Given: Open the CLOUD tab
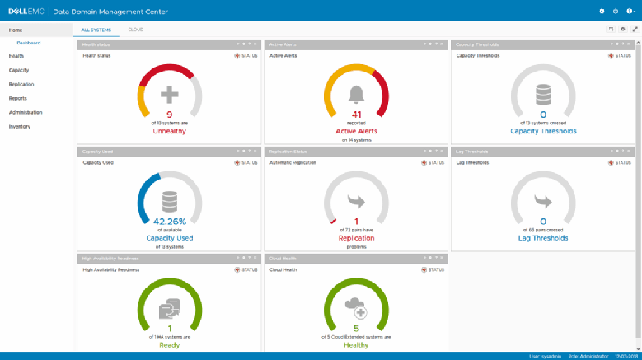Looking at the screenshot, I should [x=135, y=29].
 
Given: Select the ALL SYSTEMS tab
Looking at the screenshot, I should [x=96, y=29].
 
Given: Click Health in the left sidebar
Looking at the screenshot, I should [x=16, y=56].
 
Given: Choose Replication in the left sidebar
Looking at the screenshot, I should [x=21, y=84].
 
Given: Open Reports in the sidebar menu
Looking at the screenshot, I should [x=17, y=98].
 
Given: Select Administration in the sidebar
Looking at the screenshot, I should [x=26, y=112].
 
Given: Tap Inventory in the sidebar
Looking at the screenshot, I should [x=20, y=126].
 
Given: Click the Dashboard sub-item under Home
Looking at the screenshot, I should [x=29, y=42].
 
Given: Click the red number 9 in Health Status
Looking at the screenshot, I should [x=170, y=115].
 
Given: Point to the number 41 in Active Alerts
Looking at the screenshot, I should [x=357, y=115].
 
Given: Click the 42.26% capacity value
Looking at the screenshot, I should [x=170, y=221].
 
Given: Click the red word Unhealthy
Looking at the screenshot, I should [x=170, y=131].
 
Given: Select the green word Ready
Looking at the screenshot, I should [x=170, y=344].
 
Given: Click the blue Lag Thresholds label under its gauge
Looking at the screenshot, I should [x=543, y=238].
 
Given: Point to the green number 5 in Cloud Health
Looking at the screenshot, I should [x=357, y=328].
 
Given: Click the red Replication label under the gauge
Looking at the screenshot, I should [x=357, y=238].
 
